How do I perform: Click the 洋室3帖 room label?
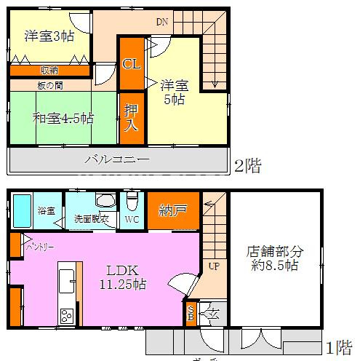(49, 36)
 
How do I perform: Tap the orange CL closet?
(131, 64)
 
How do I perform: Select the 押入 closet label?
(131, 117)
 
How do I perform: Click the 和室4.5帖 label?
(63, 118)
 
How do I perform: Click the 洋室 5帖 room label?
(174, 92)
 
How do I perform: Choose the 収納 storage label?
(49, 71)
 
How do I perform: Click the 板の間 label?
(49, 84)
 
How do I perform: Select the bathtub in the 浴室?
(22, 210)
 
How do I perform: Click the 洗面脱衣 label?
(91, 218)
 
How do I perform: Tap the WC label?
(131, 218)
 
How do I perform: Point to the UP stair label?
(213, 266)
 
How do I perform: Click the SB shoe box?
(191, 314)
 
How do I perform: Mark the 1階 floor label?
(340, 346)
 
